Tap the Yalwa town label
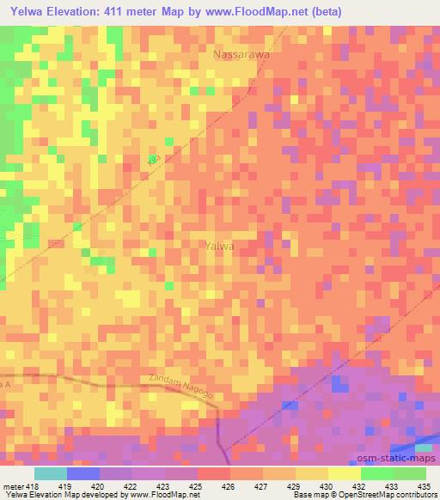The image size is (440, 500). (221, 246)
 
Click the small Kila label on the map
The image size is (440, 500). (154, 161)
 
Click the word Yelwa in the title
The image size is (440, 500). (27, 12)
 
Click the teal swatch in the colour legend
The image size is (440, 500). (50, 473)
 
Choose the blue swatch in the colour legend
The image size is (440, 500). (82, 473)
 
